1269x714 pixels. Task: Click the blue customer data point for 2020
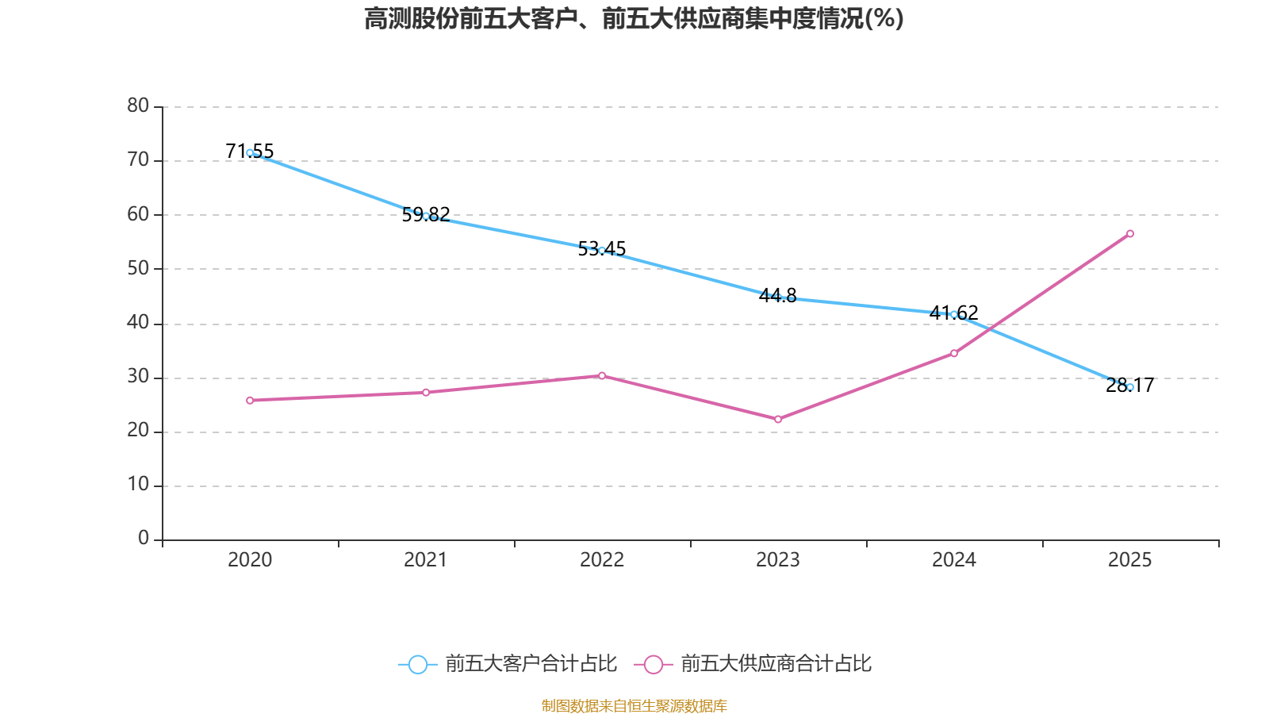point(250,152)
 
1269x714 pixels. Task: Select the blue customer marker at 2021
point(426,216)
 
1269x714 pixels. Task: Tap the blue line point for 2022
point(602,251)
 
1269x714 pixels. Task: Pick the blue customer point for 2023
point(778,297)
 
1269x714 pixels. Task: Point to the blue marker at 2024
point(954,314)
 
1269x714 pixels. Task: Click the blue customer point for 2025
point(1130,387)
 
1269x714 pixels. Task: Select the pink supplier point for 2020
point(250,401)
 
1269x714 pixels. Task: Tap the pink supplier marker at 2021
point(426,393)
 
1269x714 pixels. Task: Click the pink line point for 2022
point(602,375)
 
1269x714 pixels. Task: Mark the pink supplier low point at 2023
point(778,419)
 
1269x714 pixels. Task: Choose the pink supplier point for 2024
point(954,353)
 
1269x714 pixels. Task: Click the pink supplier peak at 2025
point(1130,233)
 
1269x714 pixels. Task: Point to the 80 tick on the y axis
point(138,106)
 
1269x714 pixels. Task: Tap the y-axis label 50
point(138,268)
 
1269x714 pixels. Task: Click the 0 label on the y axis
point(143,538)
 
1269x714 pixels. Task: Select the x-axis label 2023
point(778,560)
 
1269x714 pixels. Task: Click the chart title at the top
point(634,18)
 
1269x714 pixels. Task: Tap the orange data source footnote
point(634,705)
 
